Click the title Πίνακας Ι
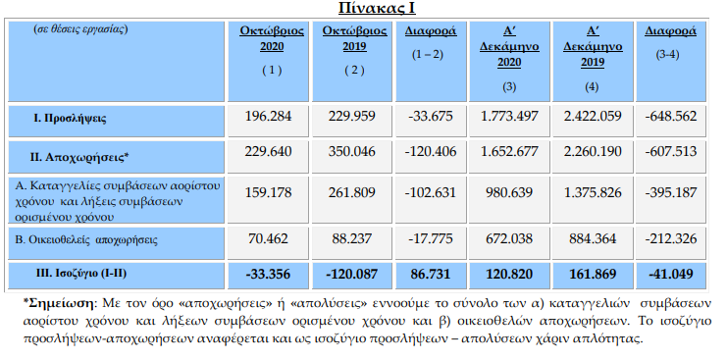point(364,10)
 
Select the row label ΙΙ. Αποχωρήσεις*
point(80,154)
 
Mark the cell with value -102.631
point(429,191)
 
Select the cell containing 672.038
point(511,237)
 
